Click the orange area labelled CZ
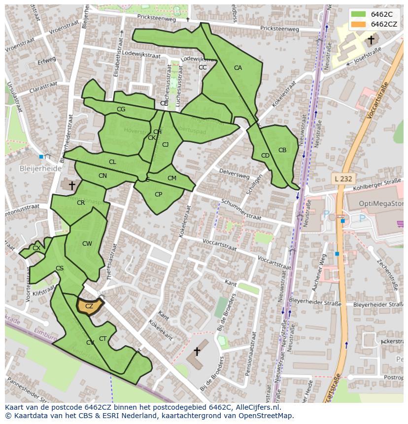click(89, 306)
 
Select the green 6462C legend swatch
click(358, 14)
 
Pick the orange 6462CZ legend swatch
click(358, 24)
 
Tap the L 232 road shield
click(342, 179)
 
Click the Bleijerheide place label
click(40, 168)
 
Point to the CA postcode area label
click(238, 68)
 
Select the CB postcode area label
click(282, 150)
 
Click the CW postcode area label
click(87, 244)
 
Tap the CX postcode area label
click(36, 248)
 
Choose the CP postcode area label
click(158, 195)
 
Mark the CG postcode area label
click(121, 109)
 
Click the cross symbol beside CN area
click(72, 186)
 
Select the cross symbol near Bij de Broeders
click(197, 351)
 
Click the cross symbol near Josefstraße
click(371, 39)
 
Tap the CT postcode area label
click(102, 338)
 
